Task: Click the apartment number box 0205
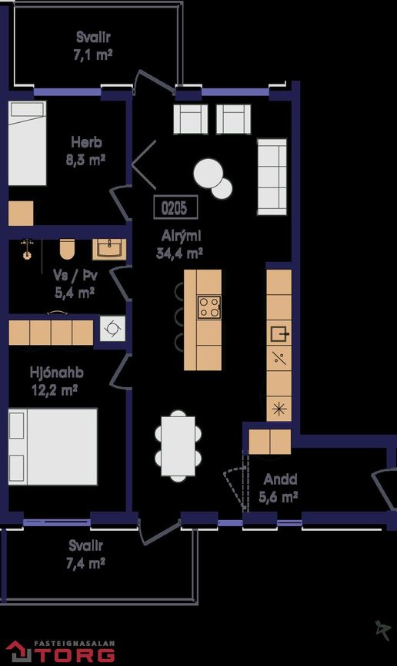[175, 207]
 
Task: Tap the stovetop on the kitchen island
[209, 307]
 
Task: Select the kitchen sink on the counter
[279, 333]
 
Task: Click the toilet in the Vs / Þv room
[67, 249]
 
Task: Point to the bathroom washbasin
[109, 249]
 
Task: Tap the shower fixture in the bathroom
[28, 249]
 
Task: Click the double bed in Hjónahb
[53, 446]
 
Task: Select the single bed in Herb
[27, 143]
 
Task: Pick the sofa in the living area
[272, 176]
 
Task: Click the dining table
[178, 446]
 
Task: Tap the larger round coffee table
[208, 173]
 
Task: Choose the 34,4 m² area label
[179, 253]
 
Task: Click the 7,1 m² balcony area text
[93, 55]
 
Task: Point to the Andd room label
[280, 479]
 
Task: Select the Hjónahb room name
[57, 373]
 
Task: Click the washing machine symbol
[113, 328]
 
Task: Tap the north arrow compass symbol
[383, 630]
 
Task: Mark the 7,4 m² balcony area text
[85, 563]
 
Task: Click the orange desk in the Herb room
[21, 214]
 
